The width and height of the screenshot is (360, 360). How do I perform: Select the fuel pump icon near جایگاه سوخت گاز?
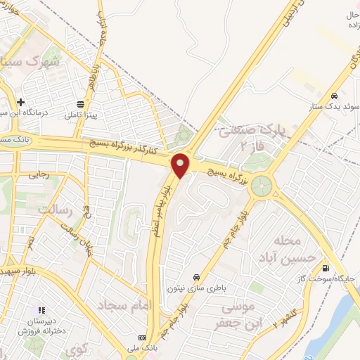pos(325,268)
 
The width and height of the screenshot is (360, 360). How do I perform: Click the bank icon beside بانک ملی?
pos(143,338)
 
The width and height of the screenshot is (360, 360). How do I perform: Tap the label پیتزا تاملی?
pos(84,113)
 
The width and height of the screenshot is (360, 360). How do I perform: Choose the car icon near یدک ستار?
pos(336,96)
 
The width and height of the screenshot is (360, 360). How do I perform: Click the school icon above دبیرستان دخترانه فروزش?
pos(41,309)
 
